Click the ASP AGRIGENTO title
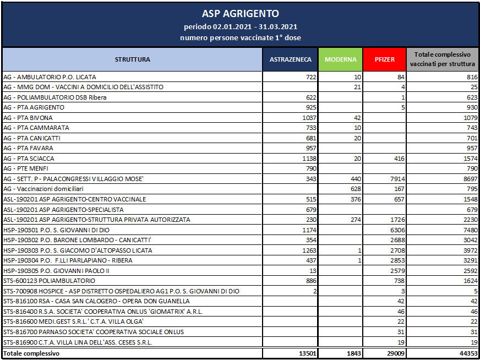click(x=241, y=14)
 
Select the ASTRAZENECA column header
click(x=290, y=59)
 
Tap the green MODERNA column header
click(x=340, y=59)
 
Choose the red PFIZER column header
click(x=384, y=59)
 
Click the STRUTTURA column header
click(x=132, y=59)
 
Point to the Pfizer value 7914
click(x=399, y=179)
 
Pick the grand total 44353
click(x=469, y=353)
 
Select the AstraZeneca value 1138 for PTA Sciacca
click(x=309, y=159)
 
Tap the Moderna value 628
click(x=356, y=189)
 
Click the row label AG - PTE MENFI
click(x=26, y=169)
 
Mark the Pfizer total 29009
click(x=397, y=353)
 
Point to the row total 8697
click(x=471, y=179)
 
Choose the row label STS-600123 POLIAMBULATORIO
click(x=49, y=281)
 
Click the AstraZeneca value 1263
click(x=309, y=250)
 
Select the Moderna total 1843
click(x=354, y=353)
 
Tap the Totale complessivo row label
click(x=31, y=353)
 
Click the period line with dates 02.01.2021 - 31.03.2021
click(x=241, y=27)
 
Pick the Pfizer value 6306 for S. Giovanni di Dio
click(x=399, y=230)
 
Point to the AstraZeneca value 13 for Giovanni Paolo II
click(x=313, y=271)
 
